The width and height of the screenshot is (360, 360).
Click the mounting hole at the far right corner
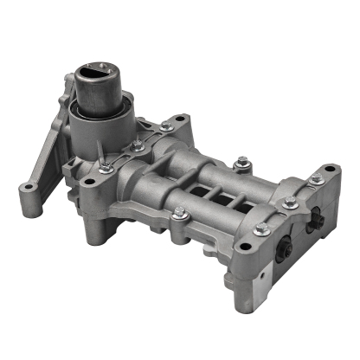pyautogui.click(x=331, y=170)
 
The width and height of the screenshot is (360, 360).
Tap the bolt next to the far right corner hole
pyautogui.click(x=316, y=179)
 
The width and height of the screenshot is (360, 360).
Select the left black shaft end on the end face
pyautogui.click(x=285, y=247)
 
